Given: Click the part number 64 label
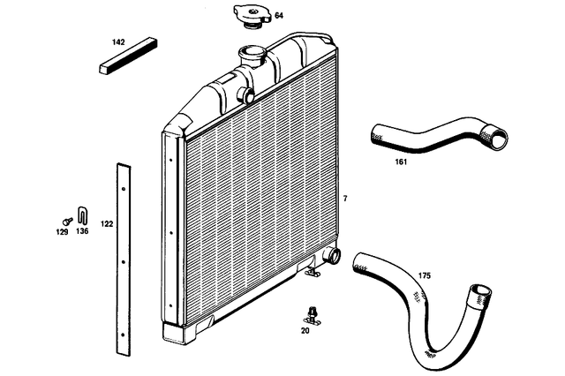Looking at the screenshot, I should [x=279, y=16].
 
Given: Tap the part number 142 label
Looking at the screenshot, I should [x=117, y=42].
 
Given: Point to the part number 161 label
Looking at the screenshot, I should [x=403, y=162].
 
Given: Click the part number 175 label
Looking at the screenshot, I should [x=425, y=276].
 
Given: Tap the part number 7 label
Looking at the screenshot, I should [x=345, y=199].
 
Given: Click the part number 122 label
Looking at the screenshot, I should [x=107, y=224].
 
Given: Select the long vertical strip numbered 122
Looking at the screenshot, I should [x=123, y=256].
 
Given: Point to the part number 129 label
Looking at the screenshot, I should [x=62, y=232].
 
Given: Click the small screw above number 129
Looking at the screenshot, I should [x=65, y=220].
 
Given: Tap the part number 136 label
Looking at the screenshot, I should [x=82, y=232].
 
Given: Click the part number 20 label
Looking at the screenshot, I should [x=305, y=331].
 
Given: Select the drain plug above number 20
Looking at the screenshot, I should [x=311, y=312].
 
